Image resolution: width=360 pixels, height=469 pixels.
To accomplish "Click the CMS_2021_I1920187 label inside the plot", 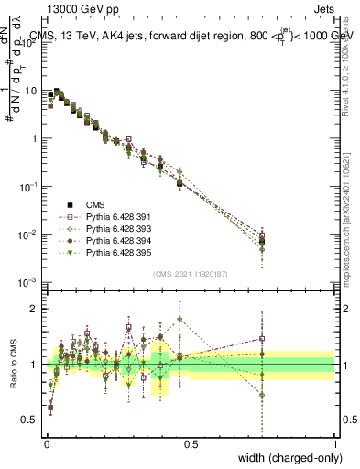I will click(x=191, y=273).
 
